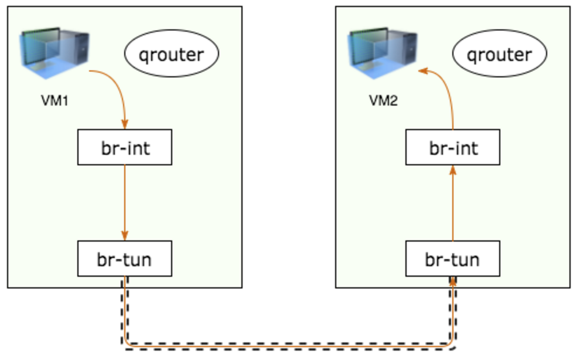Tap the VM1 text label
pyautogui.click(x=55, y=100)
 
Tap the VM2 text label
pyautogui.click(x=383, y=100)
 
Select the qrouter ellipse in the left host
pyautogui.click(x=172, y=55)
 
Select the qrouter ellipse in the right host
pyautogui.click(x=500, y=55)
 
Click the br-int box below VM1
pyautogui.click(x=125, y=147)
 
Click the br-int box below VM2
pyautogui.click(x=453, y=147)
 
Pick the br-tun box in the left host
pyautogui.click(x=125, y=259)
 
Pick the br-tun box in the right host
pyautogui.click(x=453, y=259)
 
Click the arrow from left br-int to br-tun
pyautogui.click(x=125, y=199)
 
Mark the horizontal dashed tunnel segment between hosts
pyautogui.click(x=287, y=345)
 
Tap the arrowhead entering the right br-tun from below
pyautogui.click(x=453, y=281)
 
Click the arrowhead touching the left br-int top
pyautogui.click(x=125, y=125)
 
